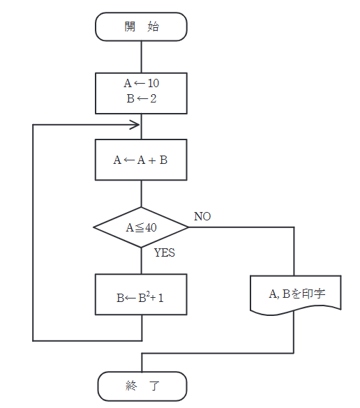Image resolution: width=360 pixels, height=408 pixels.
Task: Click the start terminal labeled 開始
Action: coord(142,27)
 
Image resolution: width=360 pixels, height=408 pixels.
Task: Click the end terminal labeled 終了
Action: coord(142,386)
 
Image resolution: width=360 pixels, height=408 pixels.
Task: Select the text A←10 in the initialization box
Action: coord(142,84)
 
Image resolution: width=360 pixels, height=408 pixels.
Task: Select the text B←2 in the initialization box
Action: coord(142,99)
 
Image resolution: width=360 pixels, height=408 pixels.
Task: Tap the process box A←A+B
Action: coord(142,160)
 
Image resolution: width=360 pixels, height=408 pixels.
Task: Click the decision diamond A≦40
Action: coord(142,227)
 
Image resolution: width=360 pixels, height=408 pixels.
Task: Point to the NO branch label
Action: coord(202,216)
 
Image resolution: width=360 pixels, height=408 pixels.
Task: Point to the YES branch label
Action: coord(165,252)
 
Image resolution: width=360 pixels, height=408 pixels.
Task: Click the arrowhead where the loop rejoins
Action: coord(135,125)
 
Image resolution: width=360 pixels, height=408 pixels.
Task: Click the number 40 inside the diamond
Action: coord(150,227)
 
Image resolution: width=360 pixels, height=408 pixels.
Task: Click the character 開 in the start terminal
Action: coord(130,27)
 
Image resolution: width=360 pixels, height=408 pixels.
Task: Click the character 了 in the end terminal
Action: coord(154,386)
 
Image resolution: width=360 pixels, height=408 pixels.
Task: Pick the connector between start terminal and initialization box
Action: coord(142,56)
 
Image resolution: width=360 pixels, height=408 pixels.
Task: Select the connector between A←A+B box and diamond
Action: coord(142,194)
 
